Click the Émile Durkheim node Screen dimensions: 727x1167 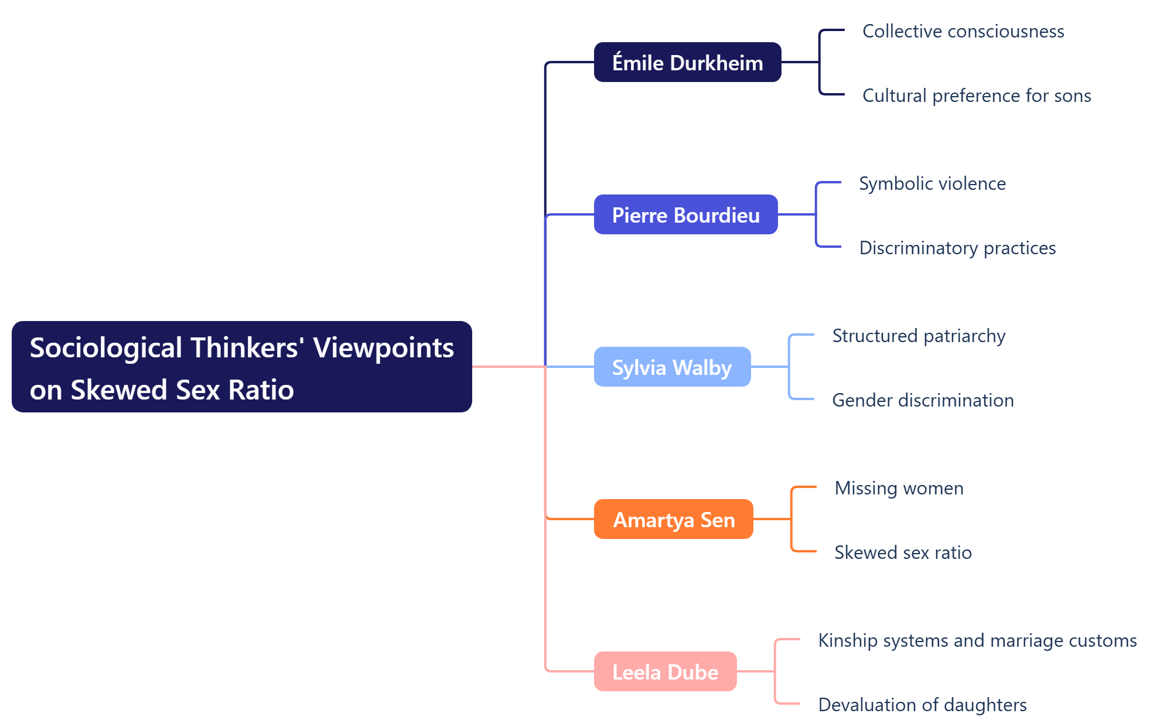[x=687, y=62]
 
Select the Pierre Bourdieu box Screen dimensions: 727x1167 [x=685, y=214]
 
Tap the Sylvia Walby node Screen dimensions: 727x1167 [x=672, y=367]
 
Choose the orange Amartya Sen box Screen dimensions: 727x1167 [x=673, y=519]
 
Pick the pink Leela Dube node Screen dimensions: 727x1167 [x=665, y=671]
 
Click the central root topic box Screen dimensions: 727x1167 [x=241, y=367]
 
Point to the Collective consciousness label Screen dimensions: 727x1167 [x=963, y=31]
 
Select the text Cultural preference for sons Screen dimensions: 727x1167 [x=976, y=95]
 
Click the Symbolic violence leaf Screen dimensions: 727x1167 [x=931, y=183]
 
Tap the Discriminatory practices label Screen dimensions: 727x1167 [x=957, y=248]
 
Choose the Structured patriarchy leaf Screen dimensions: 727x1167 [x=918, y=336]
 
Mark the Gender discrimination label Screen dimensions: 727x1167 [x=922, y=400]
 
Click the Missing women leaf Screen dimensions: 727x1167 [x=898, y=488]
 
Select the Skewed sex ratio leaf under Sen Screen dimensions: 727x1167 [x=902, y=552]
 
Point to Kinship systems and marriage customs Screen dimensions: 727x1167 [x=977, y=640]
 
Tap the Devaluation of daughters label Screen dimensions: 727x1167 [x=922, y=705]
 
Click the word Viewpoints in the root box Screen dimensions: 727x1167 [x=383, y=347]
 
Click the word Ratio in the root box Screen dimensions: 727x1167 [x=261, y=390]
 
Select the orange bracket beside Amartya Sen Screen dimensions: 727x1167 [x=792, y=519]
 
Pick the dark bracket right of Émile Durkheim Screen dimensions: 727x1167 [x=820, y=62]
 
